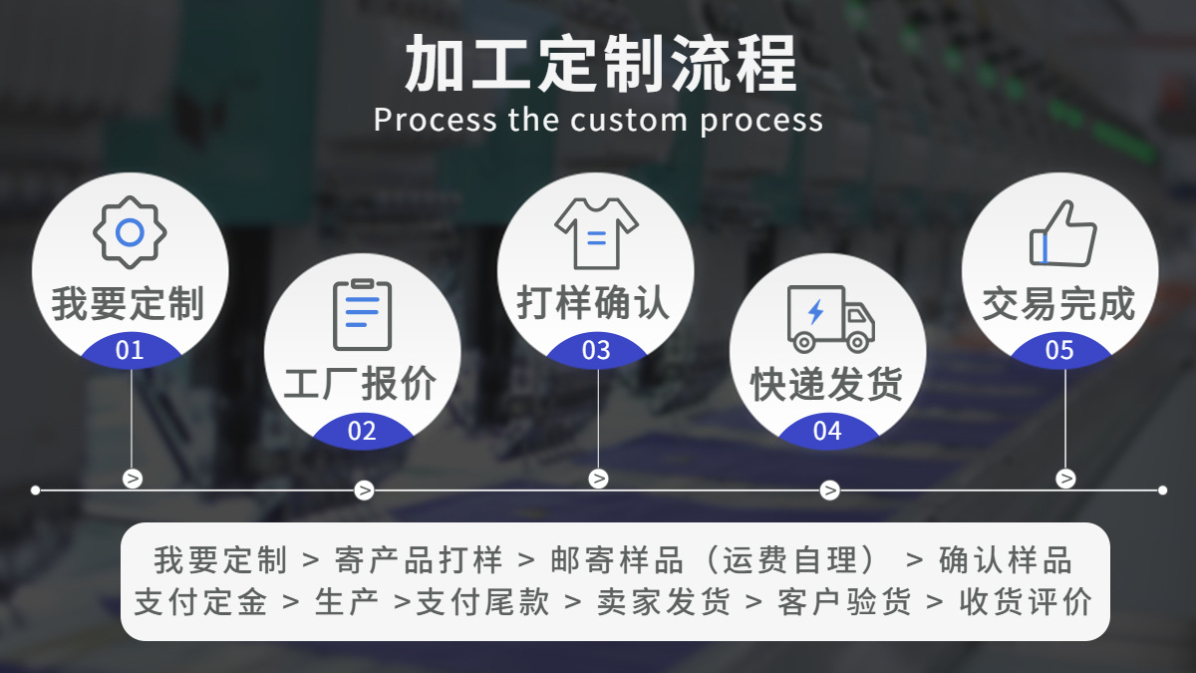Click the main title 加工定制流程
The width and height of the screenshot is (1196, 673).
600,64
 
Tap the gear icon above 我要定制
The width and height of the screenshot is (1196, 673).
130,232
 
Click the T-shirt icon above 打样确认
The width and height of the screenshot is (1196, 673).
596,233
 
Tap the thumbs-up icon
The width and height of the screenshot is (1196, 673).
1062,234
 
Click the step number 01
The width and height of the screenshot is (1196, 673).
130,351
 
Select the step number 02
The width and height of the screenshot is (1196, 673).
362,432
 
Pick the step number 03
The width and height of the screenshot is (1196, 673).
596,351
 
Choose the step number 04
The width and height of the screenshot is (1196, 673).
827,432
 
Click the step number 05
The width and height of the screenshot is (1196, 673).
1059,351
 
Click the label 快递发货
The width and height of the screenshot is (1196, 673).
827,385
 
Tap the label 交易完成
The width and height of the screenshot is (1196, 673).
1059,304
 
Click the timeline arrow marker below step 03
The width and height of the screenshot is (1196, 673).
598,479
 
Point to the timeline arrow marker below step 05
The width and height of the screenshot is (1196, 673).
1065,479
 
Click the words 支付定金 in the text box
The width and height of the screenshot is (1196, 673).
200,602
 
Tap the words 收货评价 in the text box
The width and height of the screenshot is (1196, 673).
1026,602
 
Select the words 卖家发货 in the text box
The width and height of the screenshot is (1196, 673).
664,602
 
